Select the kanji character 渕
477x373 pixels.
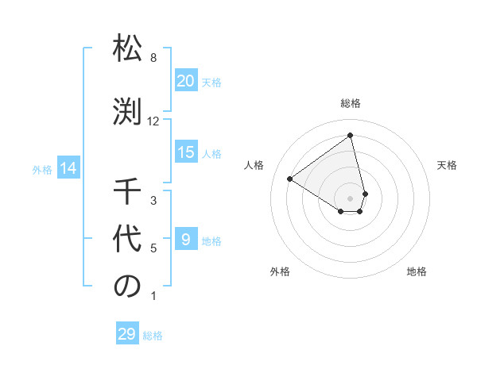pos(127,111)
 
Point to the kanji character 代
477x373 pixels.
pos(127,239)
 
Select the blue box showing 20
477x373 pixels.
pos(186,81)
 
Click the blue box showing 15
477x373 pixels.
pos(186,152)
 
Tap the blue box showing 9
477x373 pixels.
pos(186,240)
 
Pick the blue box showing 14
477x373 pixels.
pos(68,168)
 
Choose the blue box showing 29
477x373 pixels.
pos(126,334)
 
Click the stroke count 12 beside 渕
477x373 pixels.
pos(153,121)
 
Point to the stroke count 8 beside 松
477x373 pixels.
pos(153,58)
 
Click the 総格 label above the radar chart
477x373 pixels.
pos(351,103)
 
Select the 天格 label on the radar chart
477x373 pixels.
pos(447,165)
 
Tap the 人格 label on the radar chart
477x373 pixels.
pos(254,165)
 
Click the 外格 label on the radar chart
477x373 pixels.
pos(280,271)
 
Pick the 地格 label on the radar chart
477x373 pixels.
pos(417,271)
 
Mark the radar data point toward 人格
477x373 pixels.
pos(290,179)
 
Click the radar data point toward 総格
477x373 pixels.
pos(351,135)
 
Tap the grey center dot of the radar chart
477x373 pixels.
pos(351,198)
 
